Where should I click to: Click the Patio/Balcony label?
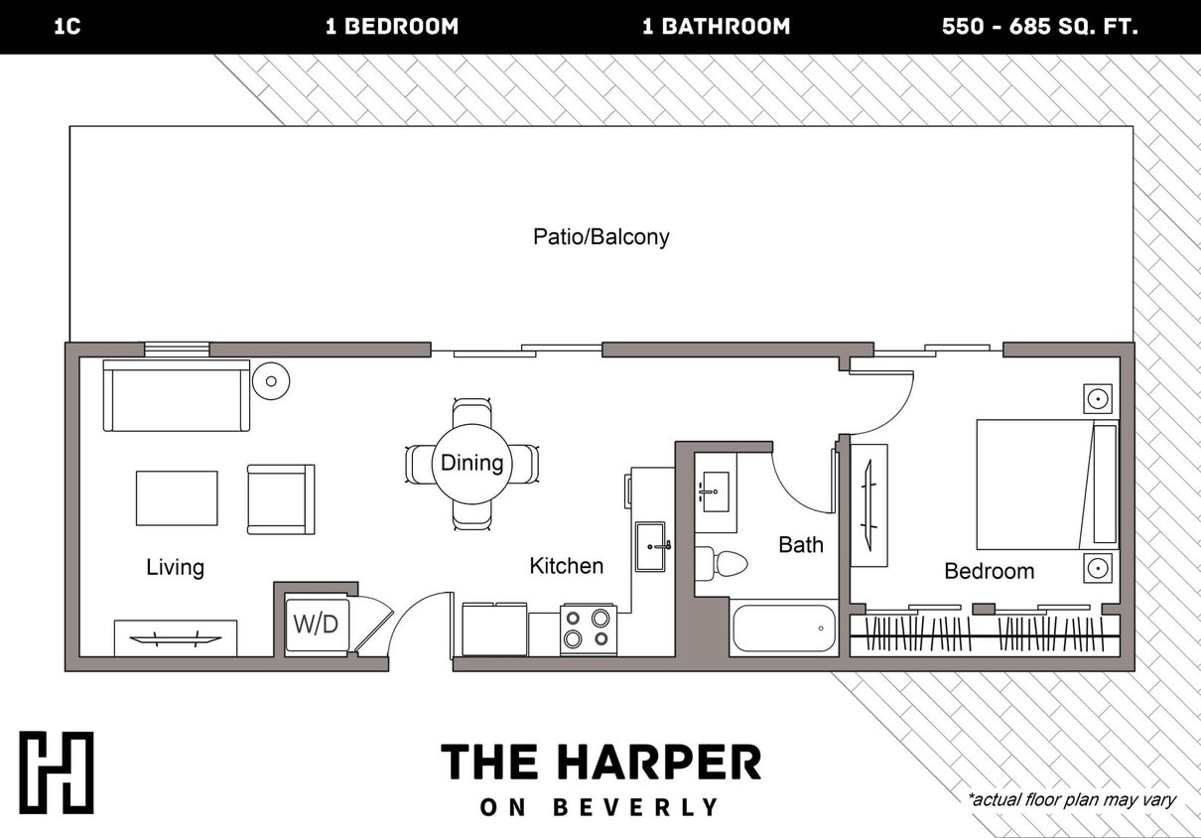click(600, 236)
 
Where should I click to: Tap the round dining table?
click(471, 464)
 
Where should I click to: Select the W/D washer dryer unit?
click(317, 626)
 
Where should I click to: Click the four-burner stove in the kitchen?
click(588, 629)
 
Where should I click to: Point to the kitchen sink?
click(650, 547)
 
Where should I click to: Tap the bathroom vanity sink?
click(715, 489)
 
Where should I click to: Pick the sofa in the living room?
click(177, 395)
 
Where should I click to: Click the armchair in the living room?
click(280, 498)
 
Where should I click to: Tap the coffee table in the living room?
click(177, 498)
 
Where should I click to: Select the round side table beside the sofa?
click(270, 380)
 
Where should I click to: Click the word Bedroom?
click(989, 571)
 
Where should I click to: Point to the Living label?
click(175, 567)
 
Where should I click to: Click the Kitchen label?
click(566, 566)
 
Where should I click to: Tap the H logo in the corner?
click(57, 772)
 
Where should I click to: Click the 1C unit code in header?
click(67, 27)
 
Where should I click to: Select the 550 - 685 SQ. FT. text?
click(1039, 27)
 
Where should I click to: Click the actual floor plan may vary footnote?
click(1071, 799)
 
